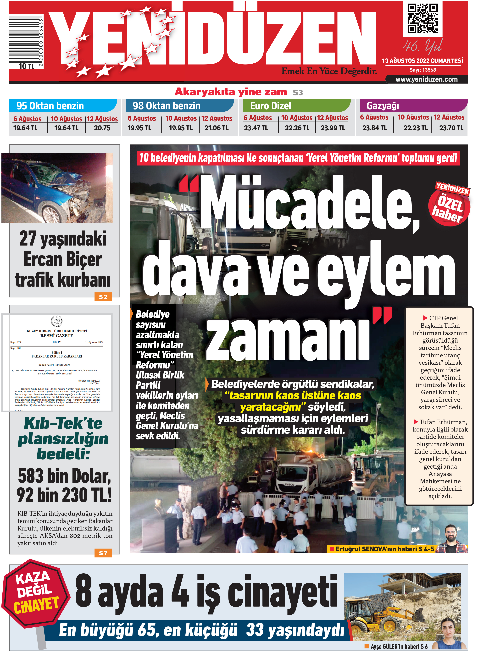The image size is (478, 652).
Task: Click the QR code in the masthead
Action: tap(422, 18)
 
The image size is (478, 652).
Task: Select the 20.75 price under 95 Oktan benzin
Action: tap(102, 128)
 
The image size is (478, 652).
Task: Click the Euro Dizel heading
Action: tap(271, 106)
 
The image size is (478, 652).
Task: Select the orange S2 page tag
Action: tap(103, 297)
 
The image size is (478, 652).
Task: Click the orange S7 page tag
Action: tap(103, 553)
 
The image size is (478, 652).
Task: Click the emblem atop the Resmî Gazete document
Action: tap(57, 321)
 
